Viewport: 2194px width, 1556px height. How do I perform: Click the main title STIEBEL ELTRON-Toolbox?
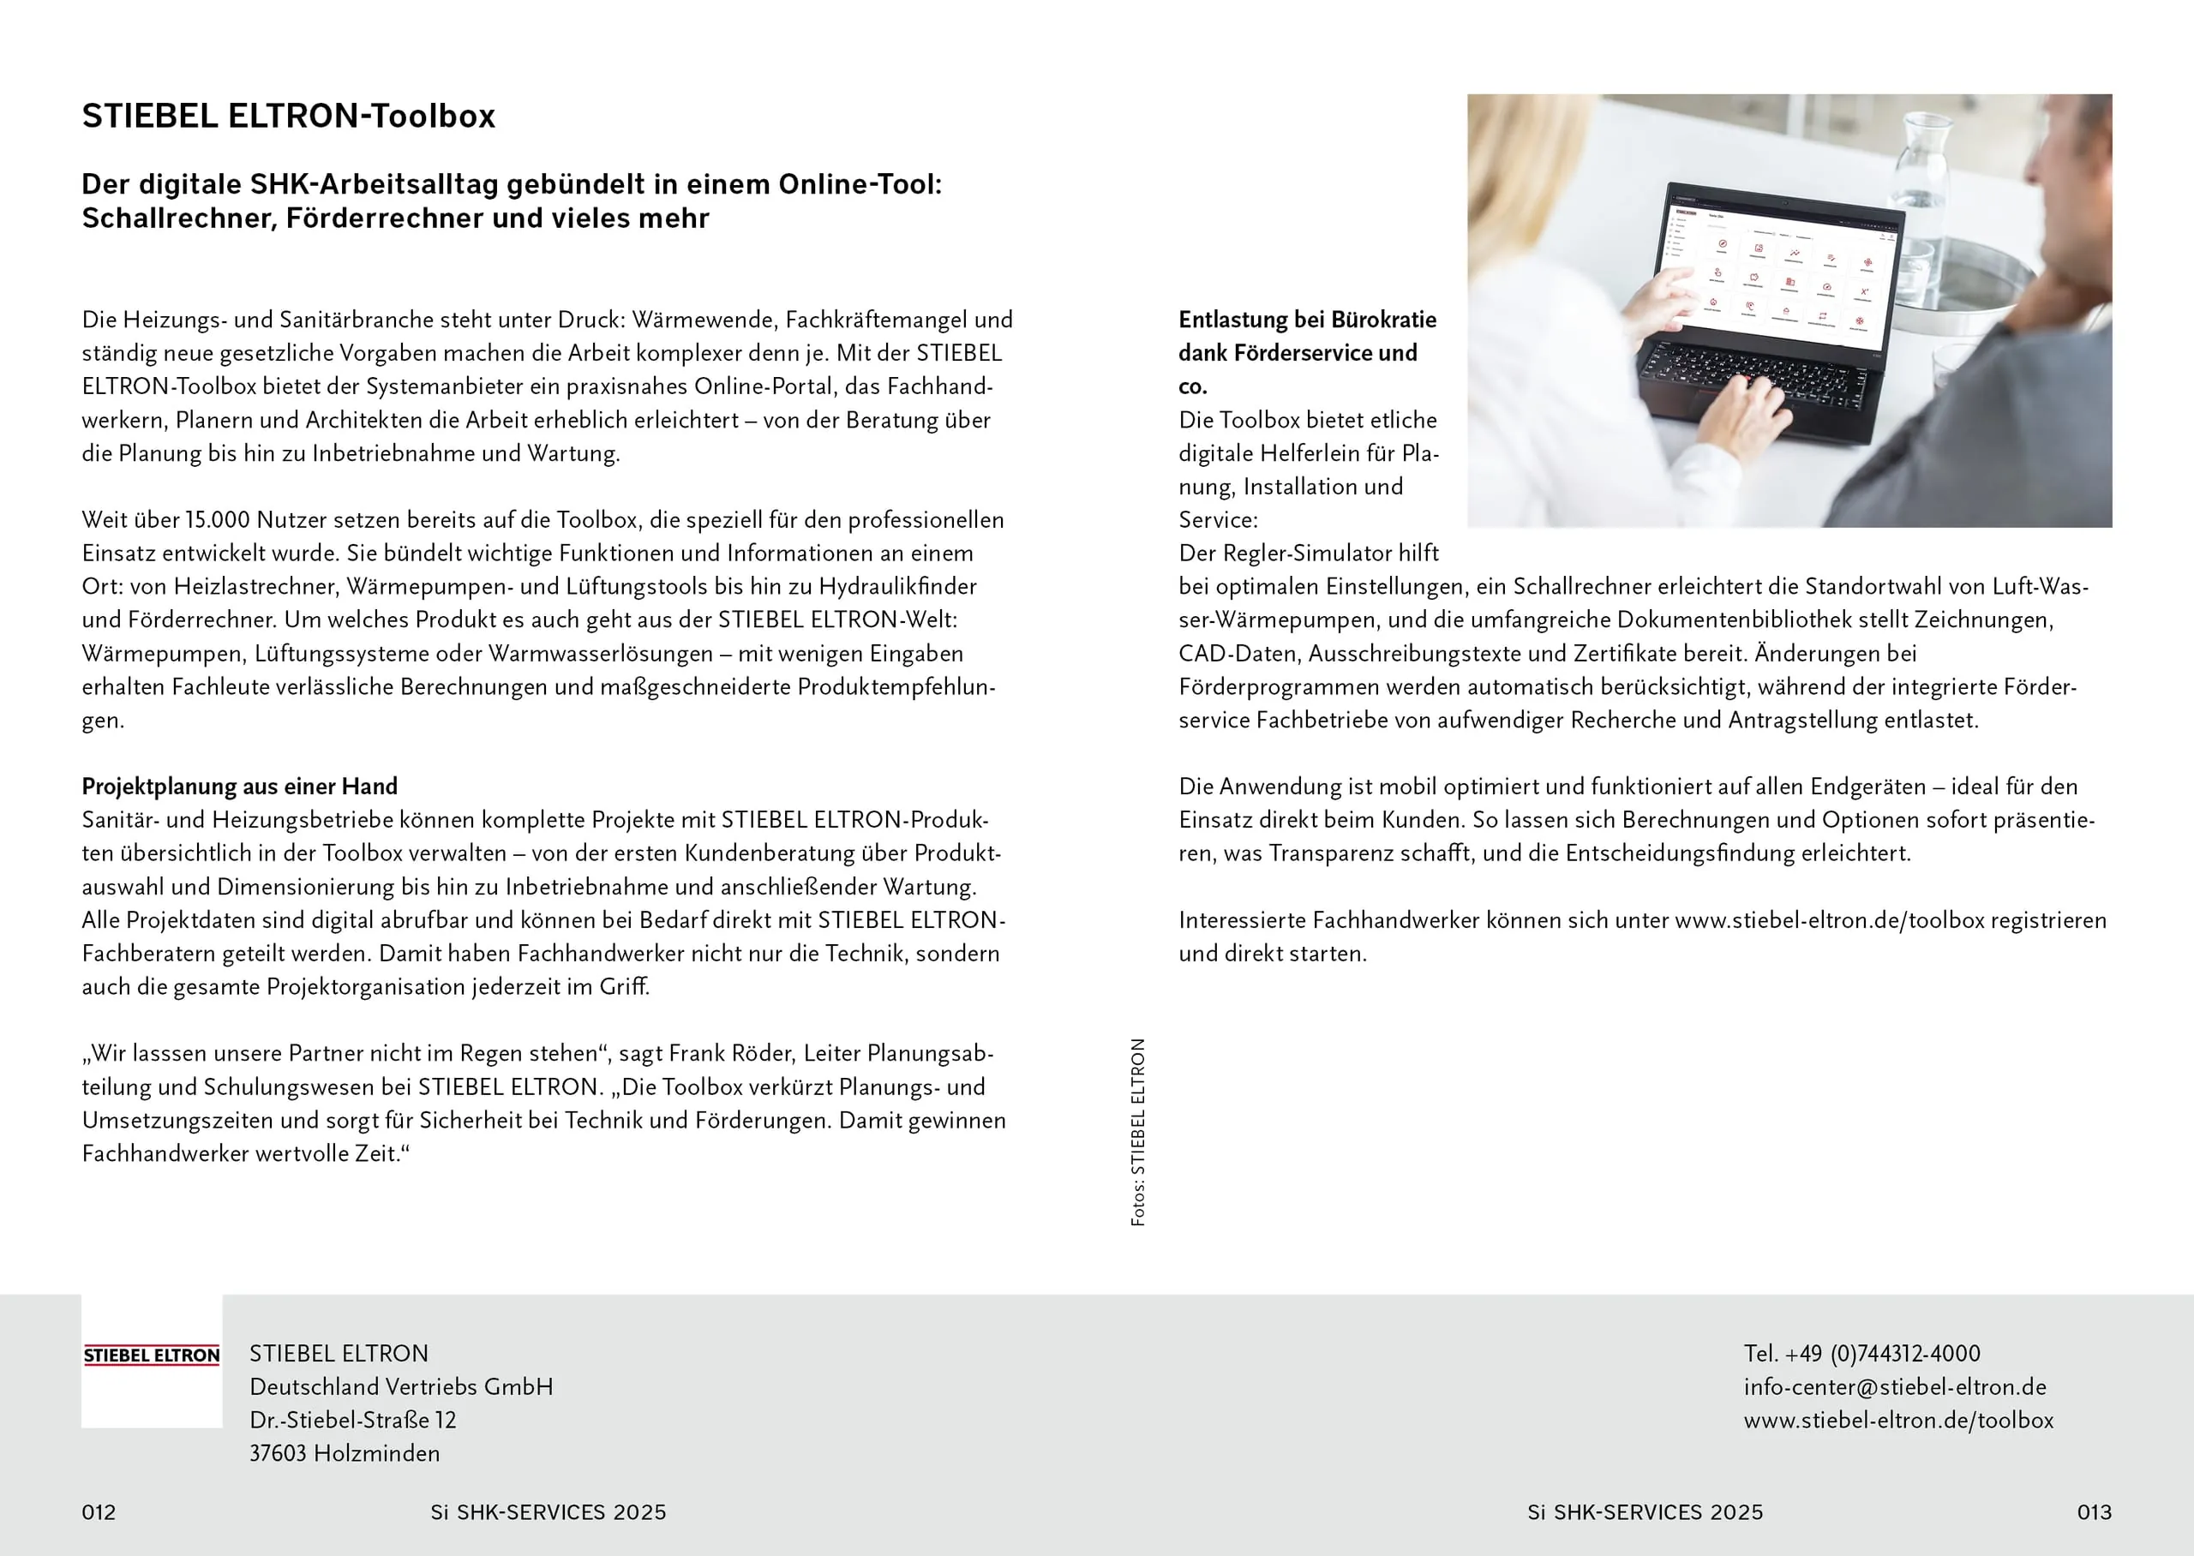pos(287,116)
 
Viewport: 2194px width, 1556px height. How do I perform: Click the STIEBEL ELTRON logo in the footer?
pos(152,1355)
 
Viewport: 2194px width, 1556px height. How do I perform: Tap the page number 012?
pos(99,1512)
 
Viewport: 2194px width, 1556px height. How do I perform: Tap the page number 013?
pos(2094,1512)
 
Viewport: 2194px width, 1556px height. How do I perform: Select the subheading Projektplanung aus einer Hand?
pos(239,787)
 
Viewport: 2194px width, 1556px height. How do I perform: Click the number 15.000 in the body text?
pos(218,520)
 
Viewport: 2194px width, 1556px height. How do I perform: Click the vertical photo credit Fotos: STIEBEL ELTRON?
pos(1137,1132)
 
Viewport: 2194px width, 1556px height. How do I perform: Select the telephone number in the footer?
pos(1861,1354)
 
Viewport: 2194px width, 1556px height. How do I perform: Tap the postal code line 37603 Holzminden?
pos(344,1453)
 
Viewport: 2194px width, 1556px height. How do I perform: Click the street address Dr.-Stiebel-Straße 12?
pos(352,1420)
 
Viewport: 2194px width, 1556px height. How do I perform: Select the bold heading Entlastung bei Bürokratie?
pos(1307,320)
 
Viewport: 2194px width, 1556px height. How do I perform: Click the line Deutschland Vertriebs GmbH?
pos(400,1386)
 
